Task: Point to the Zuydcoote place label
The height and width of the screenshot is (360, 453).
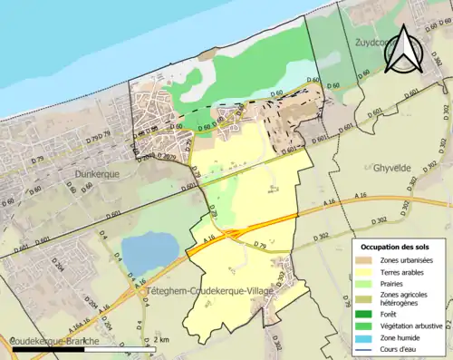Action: point(371,42)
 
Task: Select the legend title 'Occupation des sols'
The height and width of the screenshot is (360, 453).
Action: point(398,247)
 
